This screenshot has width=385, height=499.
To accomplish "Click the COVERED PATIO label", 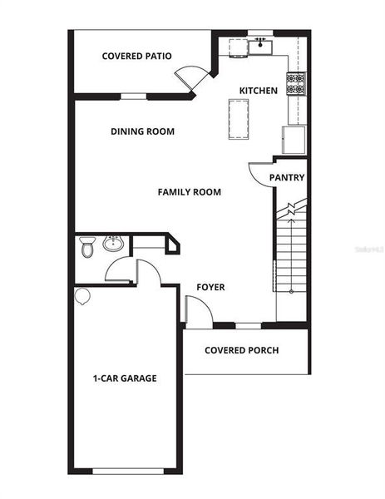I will (x=136, y=57).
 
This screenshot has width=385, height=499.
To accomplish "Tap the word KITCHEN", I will (x=258, y=91).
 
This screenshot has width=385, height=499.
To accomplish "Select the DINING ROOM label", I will (x=142, y=131).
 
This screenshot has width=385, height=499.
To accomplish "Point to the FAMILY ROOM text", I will (x=190, y=192).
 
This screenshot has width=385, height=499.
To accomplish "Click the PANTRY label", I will (x=287, y=178).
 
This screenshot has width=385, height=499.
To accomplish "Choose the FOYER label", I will (x=210, y=288).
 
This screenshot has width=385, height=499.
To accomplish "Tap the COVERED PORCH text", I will (x=242, y=350).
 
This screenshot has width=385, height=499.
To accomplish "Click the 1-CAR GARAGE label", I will (x=124, y=378).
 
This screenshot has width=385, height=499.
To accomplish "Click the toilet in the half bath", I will (x=87, y=246).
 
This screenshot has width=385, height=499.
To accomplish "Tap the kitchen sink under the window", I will (x=259, y=44).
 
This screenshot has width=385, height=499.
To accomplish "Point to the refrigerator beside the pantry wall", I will (x=294, y=139).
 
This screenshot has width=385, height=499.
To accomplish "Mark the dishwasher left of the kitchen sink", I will (x=235, y=47).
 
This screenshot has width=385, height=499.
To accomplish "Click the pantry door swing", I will (x=259, y=173).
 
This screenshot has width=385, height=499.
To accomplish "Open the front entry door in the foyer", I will (x=196, y=311).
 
